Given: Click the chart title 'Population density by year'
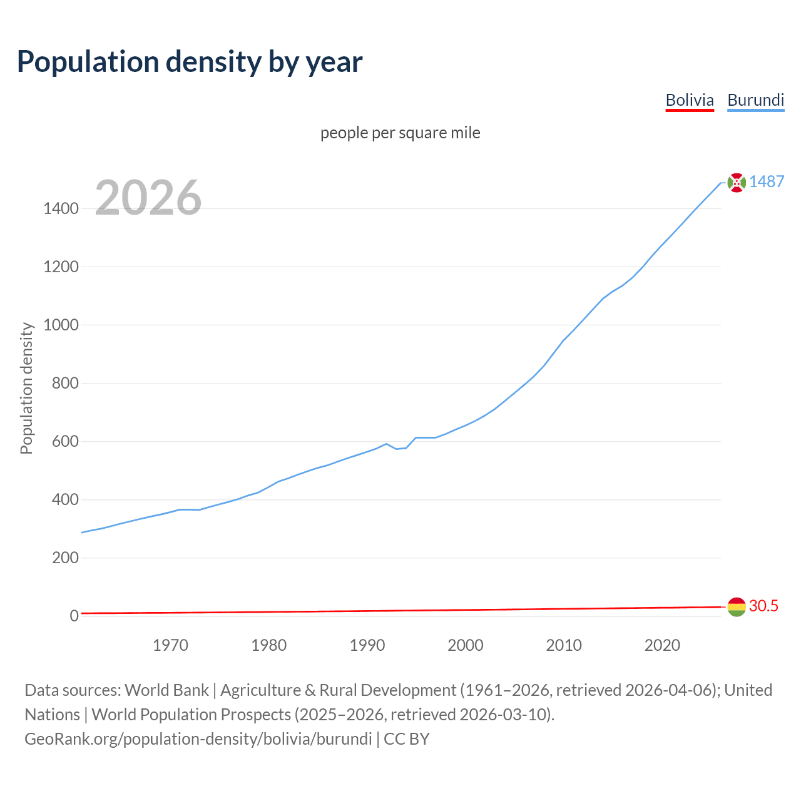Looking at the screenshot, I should (x=190, y=61).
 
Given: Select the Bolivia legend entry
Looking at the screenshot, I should (x=689, y=100).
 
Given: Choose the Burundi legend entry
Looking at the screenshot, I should (x=755, y=100).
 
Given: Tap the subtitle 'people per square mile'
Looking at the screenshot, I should (x=400, y=133).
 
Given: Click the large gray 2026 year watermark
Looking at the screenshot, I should (x=148, y=198).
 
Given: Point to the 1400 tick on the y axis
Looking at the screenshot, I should (x=61, y=208).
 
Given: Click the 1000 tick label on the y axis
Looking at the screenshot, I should (x=61, y=325).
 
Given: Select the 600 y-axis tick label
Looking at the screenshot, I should (x=65, y=441).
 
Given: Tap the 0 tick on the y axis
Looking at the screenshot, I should (x=74, y=616).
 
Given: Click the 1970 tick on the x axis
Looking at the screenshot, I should (x=170, y=645).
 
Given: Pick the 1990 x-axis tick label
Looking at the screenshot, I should (x=367, y=645).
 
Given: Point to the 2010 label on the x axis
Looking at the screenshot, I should (x=564, y=645).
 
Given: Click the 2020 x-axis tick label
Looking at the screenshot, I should (x=662, y=645).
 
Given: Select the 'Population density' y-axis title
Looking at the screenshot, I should (x=26, y=388).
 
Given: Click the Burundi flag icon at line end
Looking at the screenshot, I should (x=737, y=182).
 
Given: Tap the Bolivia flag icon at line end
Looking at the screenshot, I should (x=737, y=606).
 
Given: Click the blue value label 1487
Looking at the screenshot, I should (x=767, y=181).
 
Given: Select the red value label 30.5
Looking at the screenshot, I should (x=763, y=606).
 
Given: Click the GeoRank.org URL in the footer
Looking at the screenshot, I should (x=198, y=738).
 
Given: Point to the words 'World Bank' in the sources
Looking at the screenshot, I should (x=166, y=690).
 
